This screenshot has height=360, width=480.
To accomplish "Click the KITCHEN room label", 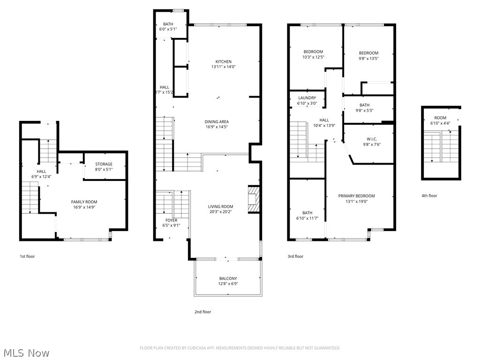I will tap(223, 62).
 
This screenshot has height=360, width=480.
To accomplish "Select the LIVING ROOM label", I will tap(221, 207).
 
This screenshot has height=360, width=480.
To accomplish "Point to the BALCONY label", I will tap(228, 278).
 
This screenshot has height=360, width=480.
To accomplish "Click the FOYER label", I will tap(171, 220).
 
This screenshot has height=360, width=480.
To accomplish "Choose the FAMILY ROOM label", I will tap(84, 202).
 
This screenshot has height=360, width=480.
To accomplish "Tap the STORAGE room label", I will tap(104, 165).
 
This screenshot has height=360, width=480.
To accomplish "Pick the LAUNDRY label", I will tap(307, 98).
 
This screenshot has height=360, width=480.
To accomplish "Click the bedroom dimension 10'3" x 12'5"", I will tap(313, 57).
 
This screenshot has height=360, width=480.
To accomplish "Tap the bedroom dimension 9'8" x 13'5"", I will tap(368, 59).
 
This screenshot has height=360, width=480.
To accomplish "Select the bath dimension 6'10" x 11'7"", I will tap(307, 218).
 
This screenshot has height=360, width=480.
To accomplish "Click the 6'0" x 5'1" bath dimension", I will tap(168, 30).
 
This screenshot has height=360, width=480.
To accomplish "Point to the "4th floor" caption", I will tap(429, 195).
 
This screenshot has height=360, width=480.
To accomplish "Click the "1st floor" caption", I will tap(27, 256).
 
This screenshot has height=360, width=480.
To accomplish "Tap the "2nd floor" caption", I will tap(203, 312).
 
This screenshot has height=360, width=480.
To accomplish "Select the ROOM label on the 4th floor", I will tap(440, 118).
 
